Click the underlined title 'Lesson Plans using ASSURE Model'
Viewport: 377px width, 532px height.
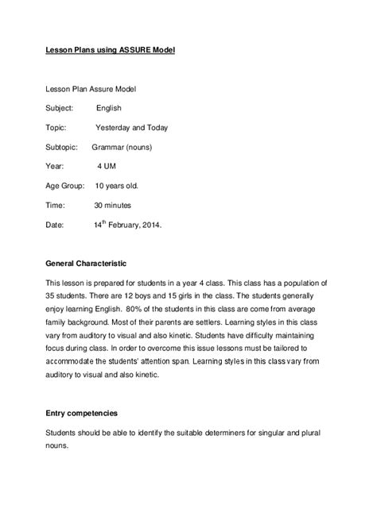(109, 50)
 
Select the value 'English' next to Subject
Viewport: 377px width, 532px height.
(109, 107)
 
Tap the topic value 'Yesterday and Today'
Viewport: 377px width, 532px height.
(131, 127)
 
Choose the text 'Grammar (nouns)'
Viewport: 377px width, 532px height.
(123, 147)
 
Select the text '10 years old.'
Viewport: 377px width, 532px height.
(117, 186)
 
